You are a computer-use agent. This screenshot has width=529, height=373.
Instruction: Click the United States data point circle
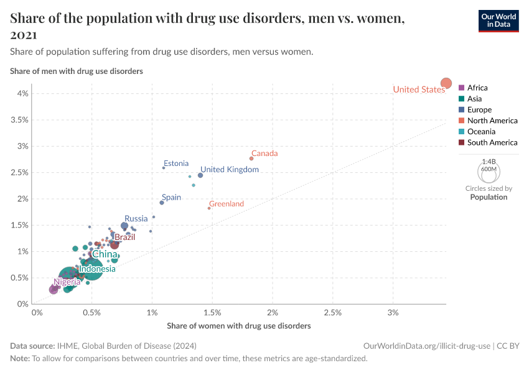[x=446, y=83]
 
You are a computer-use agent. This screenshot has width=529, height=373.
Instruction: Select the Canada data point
[x=251, y=159]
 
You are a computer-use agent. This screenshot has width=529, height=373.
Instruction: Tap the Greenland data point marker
[x=209, y=208]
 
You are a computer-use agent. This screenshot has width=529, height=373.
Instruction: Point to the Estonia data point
[x=164, y=168]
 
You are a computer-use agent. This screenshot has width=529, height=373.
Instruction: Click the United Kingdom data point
[x=200, y=175]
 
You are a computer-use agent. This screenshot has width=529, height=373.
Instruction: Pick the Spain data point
[x=162, y=203]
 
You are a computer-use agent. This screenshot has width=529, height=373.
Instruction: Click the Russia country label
[x=136, y=218]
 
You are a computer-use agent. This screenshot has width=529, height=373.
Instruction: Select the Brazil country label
[x=124, y=237]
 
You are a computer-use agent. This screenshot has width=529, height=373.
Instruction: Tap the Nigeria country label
[x=67, y=282]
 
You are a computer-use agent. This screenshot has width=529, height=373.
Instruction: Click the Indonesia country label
[x=97, y=269]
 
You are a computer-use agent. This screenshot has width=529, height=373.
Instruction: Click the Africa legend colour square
[x=461, y=88]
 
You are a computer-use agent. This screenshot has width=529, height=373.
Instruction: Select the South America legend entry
[x=492, y=142]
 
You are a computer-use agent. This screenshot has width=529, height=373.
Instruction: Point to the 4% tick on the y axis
[x=22, y=94]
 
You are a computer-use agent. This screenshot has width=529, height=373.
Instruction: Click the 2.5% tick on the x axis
[x=332, y=312]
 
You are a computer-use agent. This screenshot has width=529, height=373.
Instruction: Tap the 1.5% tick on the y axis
[x=20, y=226]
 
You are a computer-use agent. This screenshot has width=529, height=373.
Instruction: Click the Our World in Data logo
[x=499, y=20]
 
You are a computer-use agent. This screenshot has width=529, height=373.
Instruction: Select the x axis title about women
[x=239, y=326]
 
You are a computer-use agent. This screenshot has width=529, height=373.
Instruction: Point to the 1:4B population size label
[x=489, y=161]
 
